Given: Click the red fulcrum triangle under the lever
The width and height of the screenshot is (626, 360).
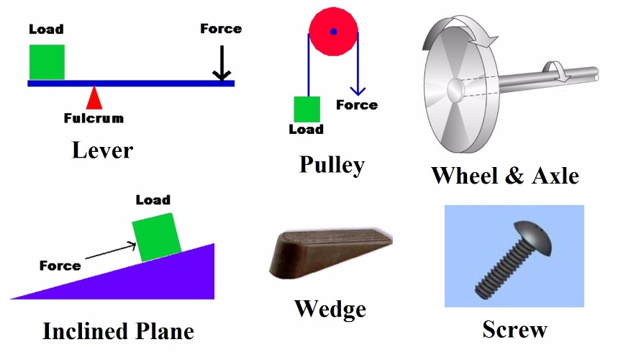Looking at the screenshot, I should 94,99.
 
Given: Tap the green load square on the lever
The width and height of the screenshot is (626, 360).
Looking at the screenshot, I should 47,62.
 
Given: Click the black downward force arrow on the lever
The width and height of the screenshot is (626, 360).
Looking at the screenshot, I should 222,65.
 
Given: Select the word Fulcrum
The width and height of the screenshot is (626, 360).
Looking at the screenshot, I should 94,118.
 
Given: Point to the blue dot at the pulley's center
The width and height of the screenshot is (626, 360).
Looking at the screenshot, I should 333,32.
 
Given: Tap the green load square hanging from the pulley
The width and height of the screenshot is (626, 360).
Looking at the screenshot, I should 307,109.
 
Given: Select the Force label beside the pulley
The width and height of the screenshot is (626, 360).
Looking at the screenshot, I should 357,105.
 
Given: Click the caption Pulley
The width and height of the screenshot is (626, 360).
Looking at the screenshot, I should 332,165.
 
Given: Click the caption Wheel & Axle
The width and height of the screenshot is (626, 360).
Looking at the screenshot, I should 505,175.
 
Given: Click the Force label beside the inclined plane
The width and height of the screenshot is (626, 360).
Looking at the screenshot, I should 60,266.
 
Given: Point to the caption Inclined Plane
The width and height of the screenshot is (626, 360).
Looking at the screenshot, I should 118,331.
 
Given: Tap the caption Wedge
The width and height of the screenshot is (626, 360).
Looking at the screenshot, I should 330,310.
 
